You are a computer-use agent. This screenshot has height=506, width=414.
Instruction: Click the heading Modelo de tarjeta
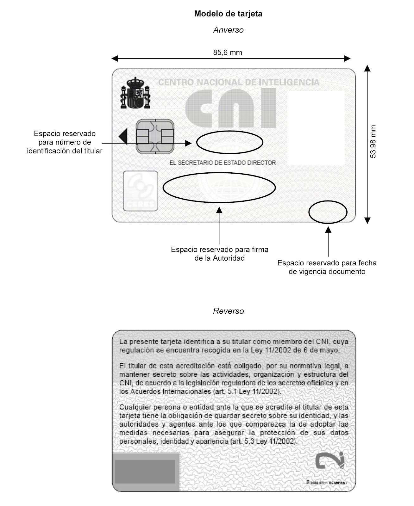[x=228, y=14]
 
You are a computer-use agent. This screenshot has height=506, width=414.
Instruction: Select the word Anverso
[x=228, y=30]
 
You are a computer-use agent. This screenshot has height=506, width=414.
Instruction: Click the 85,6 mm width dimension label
[x=227, y=52]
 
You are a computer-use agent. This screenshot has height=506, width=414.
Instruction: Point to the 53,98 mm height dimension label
[x=373, y=142]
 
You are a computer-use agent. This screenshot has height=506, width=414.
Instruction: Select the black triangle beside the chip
[x=123, y=136]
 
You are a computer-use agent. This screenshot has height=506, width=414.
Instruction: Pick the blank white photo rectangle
[x=316, y=128]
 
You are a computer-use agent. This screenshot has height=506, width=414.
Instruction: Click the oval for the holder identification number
[x=229, y=142]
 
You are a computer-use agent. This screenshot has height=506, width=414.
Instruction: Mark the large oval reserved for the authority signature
[x=219, y=188]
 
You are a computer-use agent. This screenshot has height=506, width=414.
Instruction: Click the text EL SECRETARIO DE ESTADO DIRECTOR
[x=223, y=163]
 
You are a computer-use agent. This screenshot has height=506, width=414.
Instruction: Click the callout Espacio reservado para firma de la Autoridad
[x=219, y=254]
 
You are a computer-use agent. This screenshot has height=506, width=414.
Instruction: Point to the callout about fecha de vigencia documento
[x=327, y=267]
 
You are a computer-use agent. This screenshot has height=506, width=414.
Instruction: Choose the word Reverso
[x=228, y=311]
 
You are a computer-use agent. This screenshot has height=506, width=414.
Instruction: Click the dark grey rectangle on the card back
[x=145, y=472]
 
